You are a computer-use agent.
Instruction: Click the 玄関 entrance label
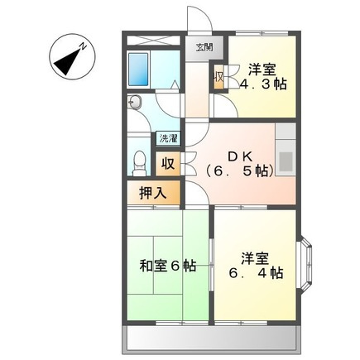[204, 47]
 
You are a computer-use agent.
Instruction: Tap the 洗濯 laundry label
[168, 138]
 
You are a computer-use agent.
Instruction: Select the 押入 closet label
[153, 193]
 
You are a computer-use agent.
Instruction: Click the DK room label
[239, 157]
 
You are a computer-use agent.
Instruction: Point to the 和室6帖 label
[168, 266]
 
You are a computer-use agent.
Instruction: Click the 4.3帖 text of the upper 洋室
[262, 84]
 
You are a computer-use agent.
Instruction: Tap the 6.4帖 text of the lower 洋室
[255, 273]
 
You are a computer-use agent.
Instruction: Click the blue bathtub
[138, 70]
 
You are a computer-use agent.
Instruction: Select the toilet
[139, 163]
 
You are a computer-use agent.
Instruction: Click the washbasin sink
[134, 103]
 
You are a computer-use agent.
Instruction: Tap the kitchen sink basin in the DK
[286, 161]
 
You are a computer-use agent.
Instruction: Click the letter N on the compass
[83, 46]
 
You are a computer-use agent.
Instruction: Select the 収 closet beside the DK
[168, 164]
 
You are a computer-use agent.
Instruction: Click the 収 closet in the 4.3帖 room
[219, 77]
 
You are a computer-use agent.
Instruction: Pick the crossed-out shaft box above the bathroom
[153, 41]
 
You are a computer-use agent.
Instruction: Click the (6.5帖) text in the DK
[239, 172]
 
